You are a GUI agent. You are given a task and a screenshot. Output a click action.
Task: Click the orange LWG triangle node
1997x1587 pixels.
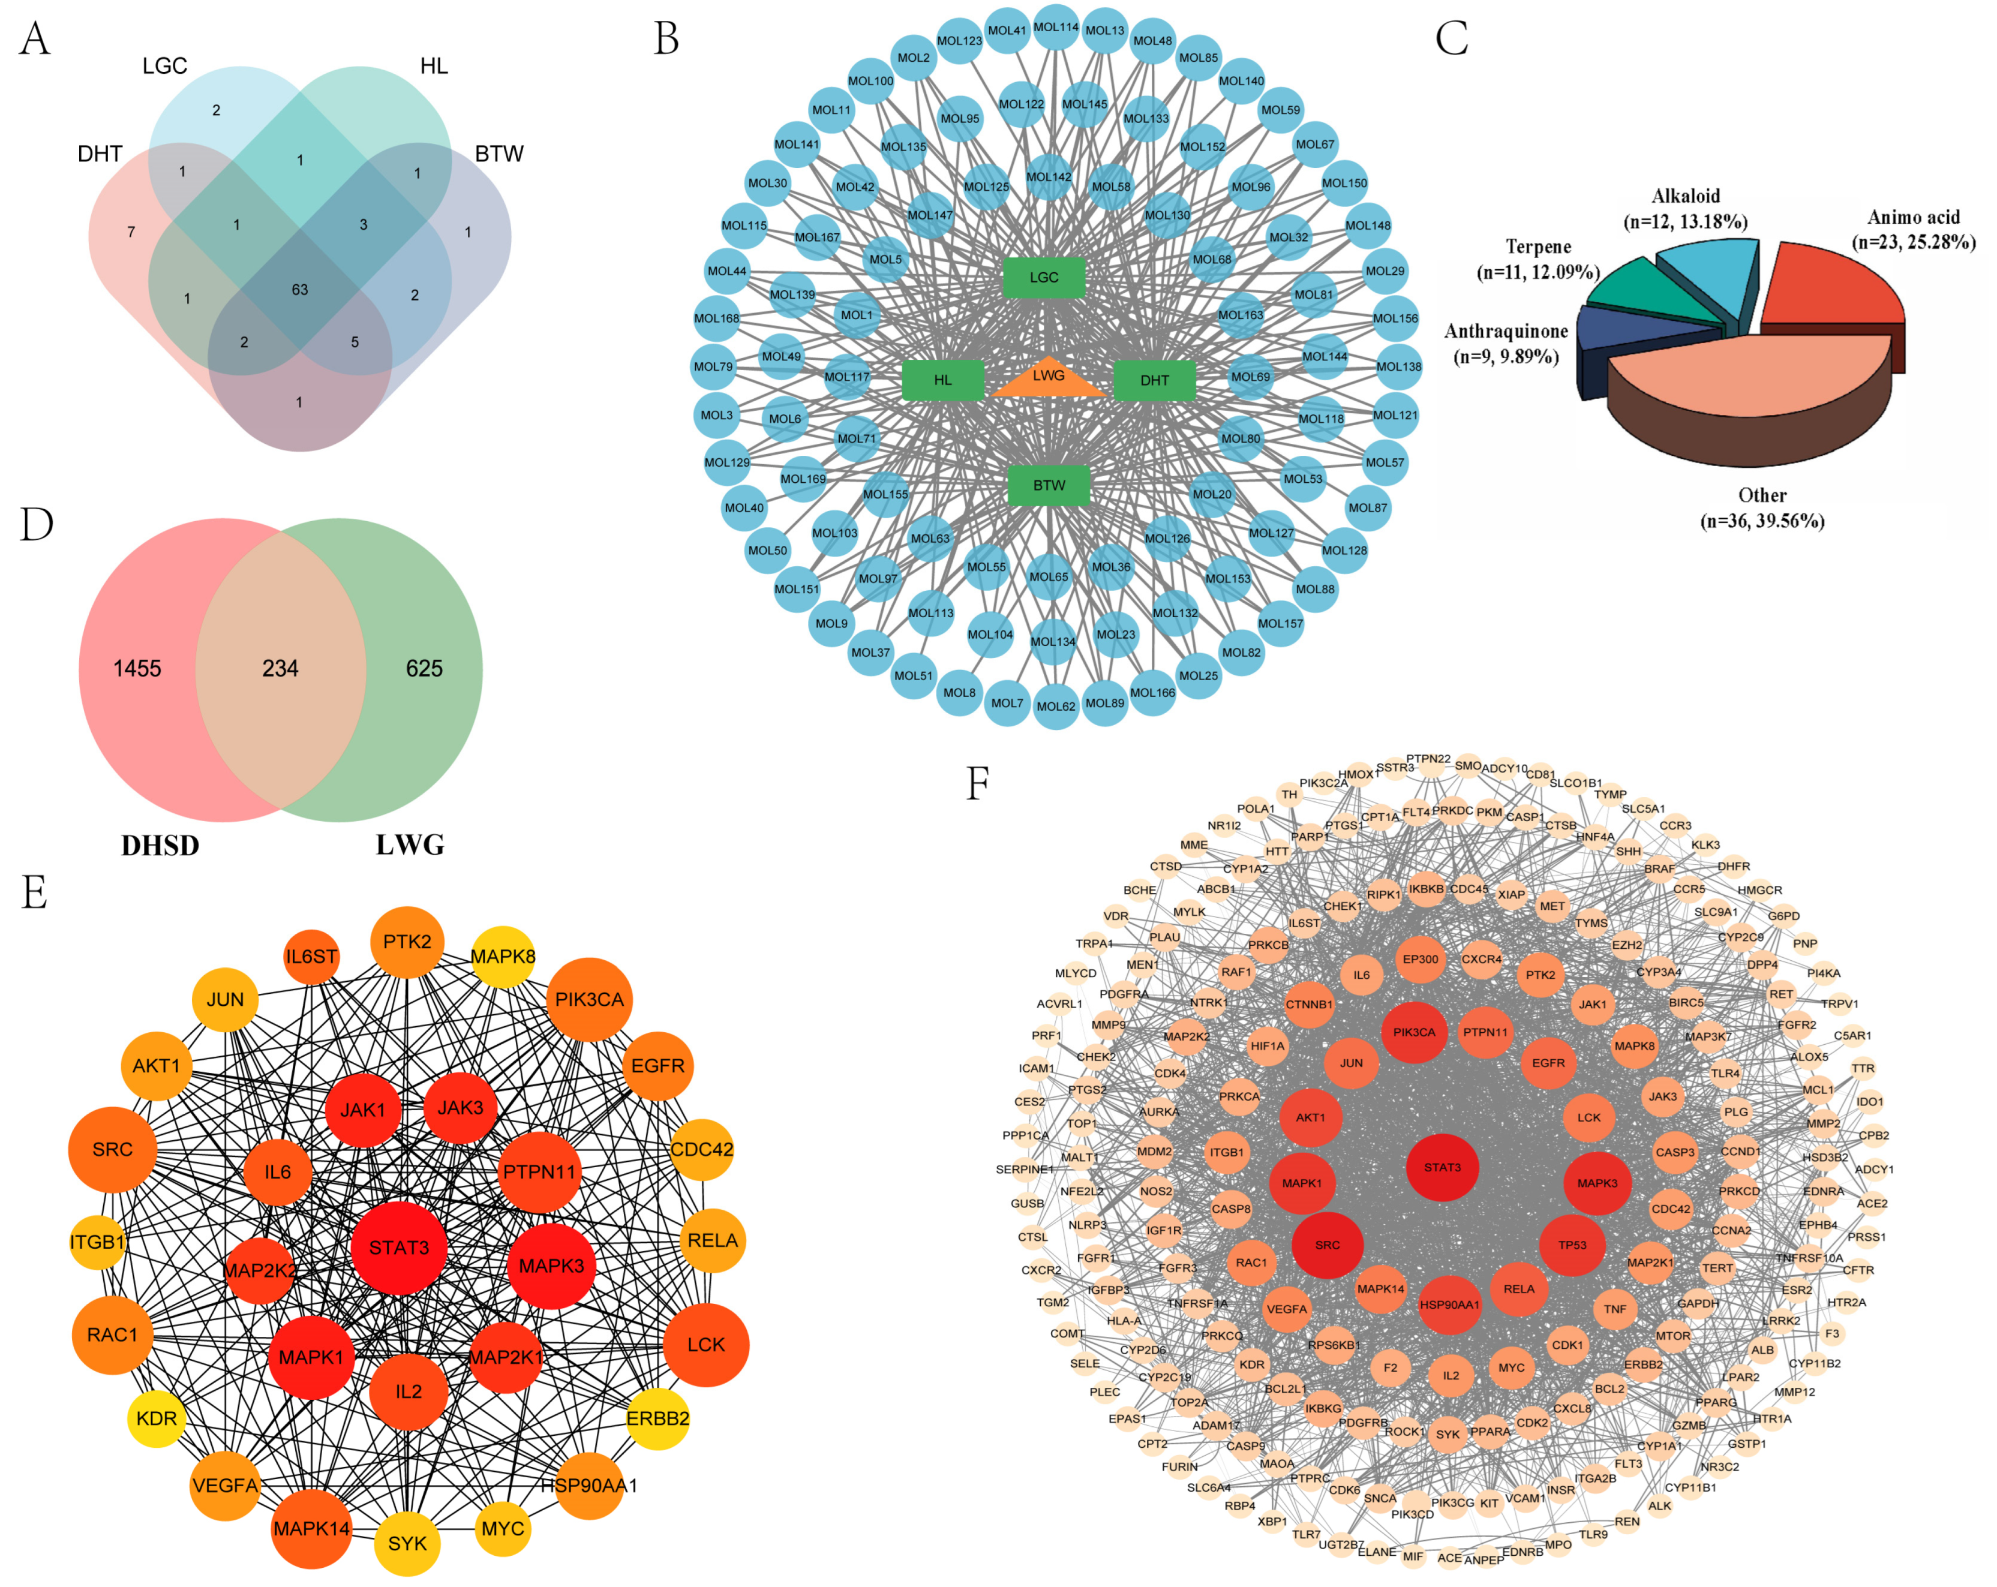[x=1049, y=380]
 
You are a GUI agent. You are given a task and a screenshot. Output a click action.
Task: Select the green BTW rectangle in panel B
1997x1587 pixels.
[x=1049, y=485]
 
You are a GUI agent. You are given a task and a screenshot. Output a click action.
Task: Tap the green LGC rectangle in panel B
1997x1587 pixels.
[x=1044, y=278]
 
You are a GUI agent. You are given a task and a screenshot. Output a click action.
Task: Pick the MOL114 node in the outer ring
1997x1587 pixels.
[x=1056, y=28]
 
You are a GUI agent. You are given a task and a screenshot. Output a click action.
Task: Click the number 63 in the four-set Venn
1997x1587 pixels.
[x=299, y=290]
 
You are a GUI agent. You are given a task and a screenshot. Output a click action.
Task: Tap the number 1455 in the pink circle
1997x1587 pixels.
[x=137, y=669]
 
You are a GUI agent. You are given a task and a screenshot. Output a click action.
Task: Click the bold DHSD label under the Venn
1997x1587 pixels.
[x=160, y=845]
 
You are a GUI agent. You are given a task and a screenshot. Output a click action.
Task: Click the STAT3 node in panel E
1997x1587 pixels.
[x=399, y=1247]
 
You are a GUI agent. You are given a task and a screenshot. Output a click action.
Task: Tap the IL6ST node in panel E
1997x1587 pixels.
[x=311, y=957]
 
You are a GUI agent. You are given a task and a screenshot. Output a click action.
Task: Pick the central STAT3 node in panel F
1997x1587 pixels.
[x=1442, y=1168]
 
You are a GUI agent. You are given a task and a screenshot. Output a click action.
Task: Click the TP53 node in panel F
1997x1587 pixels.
[x=1572, y=1245]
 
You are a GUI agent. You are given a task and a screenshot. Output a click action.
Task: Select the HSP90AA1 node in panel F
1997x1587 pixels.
[x=1449, y=1305]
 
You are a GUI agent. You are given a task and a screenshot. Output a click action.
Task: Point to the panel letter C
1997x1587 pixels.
[x=1452, y=39]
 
